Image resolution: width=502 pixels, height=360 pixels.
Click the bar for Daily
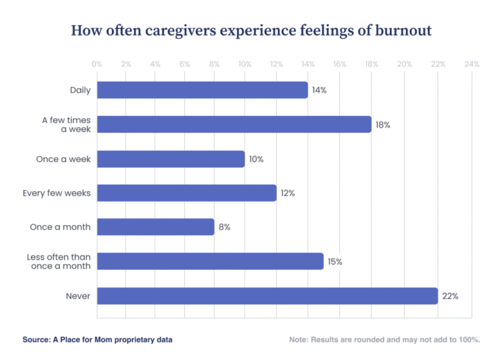pyautogui.click(x=202, y=90)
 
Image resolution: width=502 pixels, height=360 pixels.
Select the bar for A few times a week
pyautogui.click(x=234, y=124)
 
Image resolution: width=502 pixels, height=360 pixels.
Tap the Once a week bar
pyautogui.click(x=171, y=159)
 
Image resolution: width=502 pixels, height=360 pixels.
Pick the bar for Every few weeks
pyautogui.click(x=187, y=193)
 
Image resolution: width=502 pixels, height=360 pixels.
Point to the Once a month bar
pyautogui.click(x=156, y=227)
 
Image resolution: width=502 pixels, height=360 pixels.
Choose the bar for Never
pyautogui.click(x=267, y=296)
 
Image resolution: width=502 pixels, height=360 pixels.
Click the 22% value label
pyautogui.click(x=450, y=296)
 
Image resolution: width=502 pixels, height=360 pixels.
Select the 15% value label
pyautogui.click(x=335, y=261)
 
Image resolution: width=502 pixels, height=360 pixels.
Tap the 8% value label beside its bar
pyautogui.click(x=225, y=227)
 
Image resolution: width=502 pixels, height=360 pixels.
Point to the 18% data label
pyautogui.click(x=383, y=125)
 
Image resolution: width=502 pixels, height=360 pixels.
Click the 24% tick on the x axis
pyautogui.click(x=472, y=64)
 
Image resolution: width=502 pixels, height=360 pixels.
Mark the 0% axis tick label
pyautogui.click(x=97, y=64)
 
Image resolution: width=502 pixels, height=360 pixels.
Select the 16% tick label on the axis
pyautogui.click(x=340, y=64)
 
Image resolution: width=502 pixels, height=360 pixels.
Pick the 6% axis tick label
pyautogui.click(x=185, y=64)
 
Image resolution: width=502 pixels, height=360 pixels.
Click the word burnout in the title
pyautogui.click(x=404, y=30)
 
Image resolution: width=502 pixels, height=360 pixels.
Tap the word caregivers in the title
pyautogui.click(x=181, y=31)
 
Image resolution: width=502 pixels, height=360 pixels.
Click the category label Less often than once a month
pyautogui.click(x=59, y=261)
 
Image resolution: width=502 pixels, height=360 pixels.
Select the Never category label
pyautogui.click(x=78, y=296)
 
